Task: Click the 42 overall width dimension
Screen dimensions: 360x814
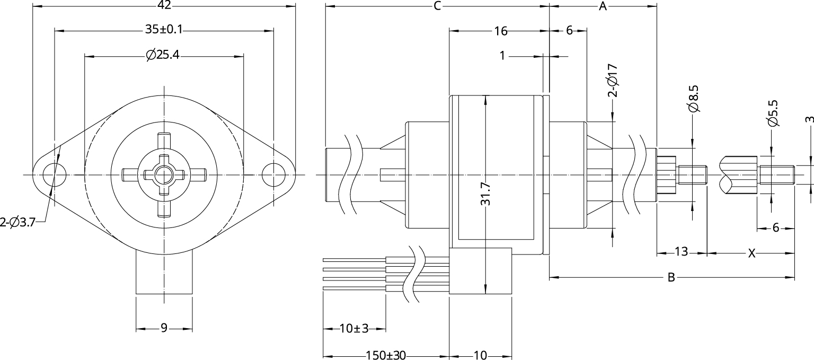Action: coord(164,6)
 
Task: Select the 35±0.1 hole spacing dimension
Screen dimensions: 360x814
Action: coord(164,30)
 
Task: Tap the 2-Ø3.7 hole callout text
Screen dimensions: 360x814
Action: coord(17,223)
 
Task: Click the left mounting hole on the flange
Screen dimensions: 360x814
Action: coord(54,174)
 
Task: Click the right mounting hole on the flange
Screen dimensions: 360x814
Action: coord(273,174)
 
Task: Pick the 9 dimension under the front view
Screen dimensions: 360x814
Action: coord(164,329)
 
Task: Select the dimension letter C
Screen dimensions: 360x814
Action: coord(437,6)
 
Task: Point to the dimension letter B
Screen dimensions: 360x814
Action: coord(671,277)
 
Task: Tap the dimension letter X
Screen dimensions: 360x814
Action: coord(751,254)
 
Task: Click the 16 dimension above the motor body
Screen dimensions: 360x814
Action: coord(500,31)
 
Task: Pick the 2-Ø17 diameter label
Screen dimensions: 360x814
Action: coord(613,81)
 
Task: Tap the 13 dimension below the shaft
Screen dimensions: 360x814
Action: coord(682,252)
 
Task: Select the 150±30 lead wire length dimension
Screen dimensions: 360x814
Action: coord(385,355)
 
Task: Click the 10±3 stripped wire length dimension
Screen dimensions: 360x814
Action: coord(353,329)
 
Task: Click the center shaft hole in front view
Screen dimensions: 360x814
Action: coord(164,174)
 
